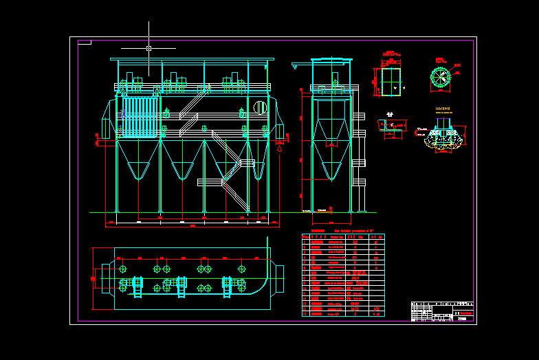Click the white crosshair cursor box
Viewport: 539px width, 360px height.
(148, 48)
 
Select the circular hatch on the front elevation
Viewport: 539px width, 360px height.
(260, 107)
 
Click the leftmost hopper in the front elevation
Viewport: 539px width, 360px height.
(138, 162)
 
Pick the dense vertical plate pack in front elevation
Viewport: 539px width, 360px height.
(140, 114)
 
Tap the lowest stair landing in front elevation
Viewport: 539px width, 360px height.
(210, 182)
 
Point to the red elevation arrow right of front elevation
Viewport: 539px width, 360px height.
(279, 146)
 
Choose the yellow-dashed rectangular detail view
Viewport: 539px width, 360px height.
(390, 81)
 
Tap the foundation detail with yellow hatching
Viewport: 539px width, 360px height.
(443, 139)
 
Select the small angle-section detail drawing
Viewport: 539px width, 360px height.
(391, 127)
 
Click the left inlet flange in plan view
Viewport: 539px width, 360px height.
(107, 278)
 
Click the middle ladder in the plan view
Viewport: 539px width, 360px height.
(181, 286)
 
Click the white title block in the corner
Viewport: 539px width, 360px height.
(442, 311)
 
